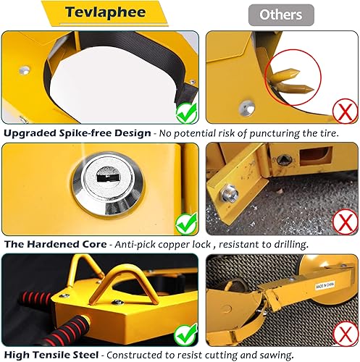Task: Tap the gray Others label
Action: pyautogui.click(x=281, y=14)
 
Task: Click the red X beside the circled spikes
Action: pyautogui.click(x=343, y=111)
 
